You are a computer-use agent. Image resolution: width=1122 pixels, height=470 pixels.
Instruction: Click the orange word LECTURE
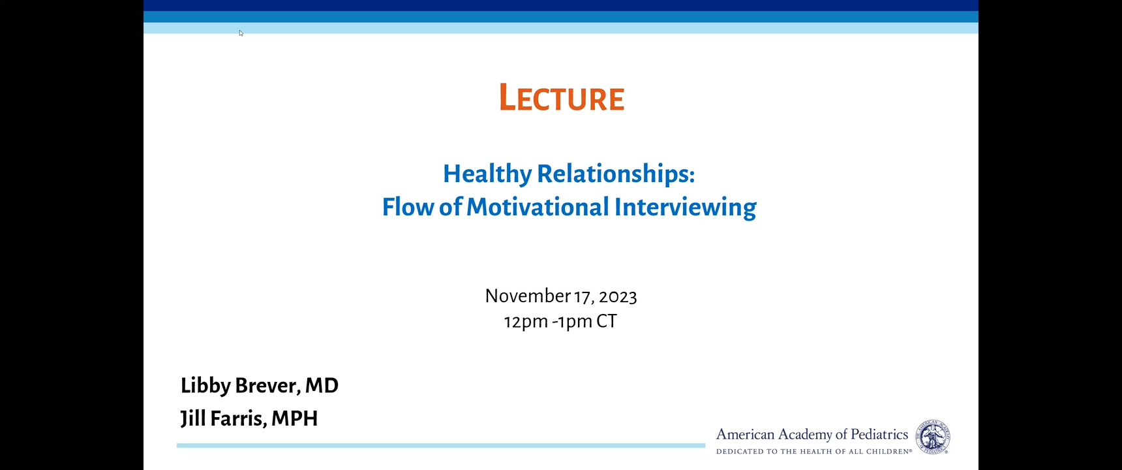[x=562, y=98]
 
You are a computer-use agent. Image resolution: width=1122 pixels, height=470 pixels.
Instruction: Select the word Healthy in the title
[x=487, y=174]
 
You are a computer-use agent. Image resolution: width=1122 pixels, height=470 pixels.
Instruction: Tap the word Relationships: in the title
[x=616, y=174]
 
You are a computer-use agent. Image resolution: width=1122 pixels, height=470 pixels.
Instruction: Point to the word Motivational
[x=538, y=207]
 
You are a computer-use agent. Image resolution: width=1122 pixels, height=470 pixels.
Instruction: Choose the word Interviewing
[x=685, y=208]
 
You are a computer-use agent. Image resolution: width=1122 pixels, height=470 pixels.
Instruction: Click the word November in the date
[x=528, y=296]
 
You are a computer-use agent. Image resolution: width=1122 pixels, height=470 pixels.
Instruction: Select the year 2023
[x=618, y=297]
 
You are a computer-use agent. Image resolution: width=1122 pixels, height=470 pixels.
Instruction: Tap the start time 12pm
[x=526, y=322]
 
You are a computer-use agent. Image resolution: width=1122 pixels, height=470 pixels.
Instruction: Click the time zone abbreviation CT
[x=606, y=321]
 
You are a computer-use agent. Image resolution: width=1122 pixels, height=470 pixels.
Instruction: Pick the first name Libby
[x=205, y=386]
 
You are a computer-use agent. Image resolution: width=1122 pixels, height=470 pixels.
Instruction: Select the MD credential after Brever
[x=322, y=386]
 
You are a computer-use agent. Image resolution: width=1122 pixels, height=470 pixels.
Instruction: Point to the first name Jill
[x=192, y=418]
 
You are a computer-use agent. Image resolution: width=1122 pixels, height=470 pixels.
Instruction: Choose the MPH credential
[x=294, y=418]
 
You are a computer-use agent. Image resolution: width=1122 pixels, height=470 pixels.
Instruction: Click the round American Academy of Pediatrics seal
[x=933, y=437]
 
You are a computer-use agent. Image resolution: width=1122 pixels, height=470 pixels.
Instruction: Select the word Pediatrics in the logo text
[x=879, y=435]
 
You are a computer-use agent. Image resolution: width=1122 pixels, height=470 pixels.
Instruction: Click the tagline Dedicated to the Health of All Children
[x=814, y=451]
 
